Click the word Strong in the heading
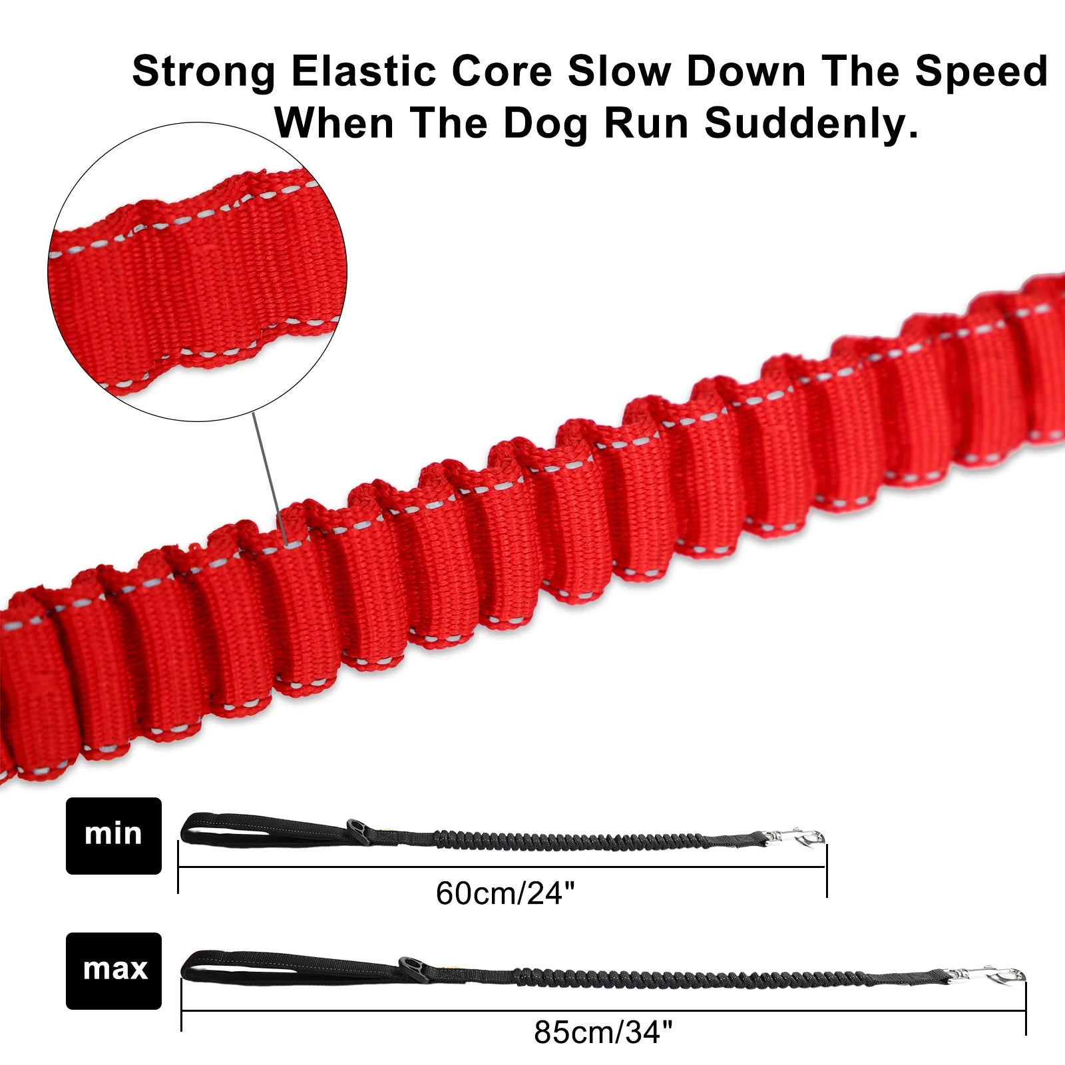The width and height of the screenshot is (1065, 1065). click(204, 71)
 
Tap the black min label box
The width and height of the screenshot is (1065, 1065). click(114, 835)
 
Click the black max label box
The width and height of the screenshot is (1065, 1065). click(114, 970)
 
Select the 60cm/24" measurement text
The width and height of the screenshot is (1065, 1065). click(505, 893)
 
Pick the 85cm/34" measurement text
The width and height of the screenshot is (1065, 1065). click(603, 1032)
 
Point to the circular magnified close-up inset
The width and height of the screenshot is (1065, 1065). click(198, 272)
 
